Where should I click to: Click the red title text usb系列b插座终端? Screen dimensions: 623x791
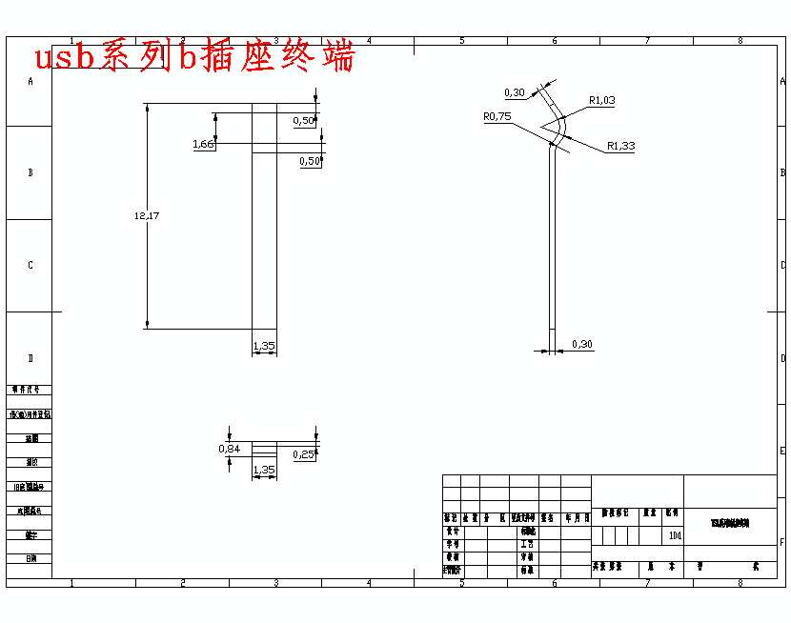(194, 57)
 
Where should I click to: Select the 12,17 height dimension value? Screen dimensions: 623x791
(147, 216)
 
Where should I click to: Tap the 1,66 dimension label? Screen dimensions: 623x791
(203, 144)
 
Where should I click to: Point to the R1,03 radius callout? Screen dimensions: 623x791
(602, 100)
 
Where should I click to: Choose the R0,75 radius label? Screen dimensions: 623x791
(497, 116)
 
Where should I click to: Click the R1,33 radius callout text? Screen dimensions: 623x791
(620, 146)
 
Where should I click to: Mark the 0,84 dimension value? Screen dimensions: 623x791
(229, 448)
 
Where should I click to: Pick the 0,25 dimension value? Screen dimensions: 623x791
(304, 454)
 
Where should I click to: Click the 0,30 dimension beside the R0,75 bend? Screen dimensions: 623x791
(515, 92)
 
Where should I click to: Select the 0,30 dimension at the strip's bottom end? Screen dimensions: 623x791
(581, 344)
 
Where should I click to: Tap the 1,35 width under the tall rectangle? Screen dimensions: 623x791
(264, 346)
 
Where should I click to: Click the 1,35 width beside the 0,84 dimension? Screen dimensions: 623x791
(264, 470)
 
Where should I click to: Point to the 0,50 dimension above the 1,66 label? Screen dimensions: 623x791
(304, 121)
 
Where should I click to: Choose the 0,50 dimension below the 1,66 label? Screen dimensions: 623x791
(310, 161)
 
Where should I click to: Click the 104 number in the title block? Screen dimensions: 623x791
(676, 535)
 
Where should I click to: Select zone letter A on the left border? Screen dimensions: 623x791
(30, 82)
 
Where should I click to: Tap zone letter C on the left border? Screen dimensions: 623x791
(30, 265)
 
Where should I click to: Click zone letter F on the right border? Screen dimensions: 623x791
(782, 541)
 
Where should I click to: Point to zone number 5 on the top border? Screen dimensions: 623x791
(461, 41)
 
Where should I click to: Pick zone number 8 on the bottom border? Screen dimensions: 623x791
(740, 582)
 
